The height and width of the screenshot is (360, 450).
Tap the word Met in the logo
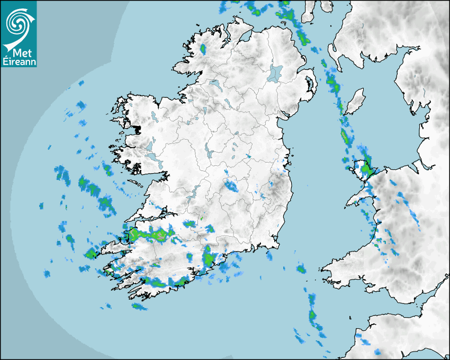(x=20, y=53)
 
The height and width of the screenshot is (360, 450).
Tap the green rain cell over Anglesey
(x=365, y=169)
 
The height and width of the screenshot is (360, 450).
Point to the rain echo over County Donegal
(x=203, y=49)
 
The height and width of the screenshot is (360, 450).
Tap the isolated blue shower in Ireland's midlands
(x=231, y=185)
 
